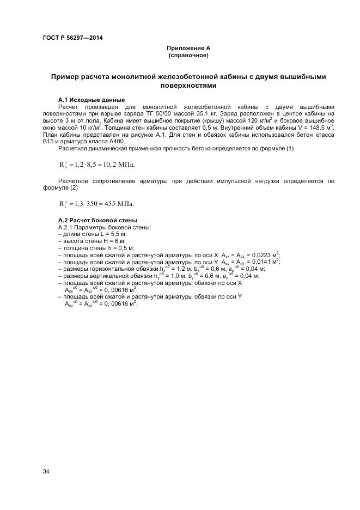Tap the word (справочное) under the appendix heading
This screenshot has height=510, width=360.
tap(188, 56)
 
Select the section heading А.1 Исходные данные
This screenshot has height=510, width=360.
tap(91, 100)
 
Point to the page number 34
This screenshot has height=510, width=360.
tap(46, 471)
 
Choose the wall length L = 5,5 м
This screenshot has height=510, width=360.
tap(106, 233)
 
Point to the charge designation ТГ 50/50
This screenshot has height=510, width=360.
tap(145, 113)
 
